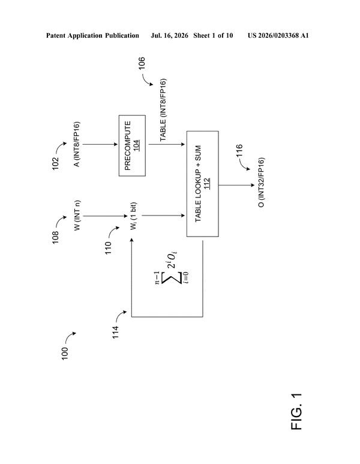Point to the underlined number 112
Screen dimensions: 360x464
pyautogui.click(x=207, y=184)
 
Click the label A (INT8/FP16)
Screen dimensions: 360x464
pyautogui.click(x=77, y=144)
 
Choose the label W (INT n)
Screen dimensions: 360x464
pyautogui.click(x=77, y=215)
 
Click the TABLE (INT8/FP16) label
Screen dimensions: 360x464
pyautogui.click(x=163, y=110)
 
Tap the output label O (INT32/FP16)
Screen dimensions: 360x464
pyautogui.click(x=262, y=182)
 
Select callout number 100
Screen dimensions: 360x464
pyautogui.click(x=64, y=354)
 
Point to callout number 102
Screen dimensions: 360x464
pyautogui.click(x=56, y=164)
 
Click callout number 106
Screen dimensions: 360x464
pyautogui.click(x=142, y=63)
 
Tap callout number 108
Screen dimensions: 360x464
pyautogui.click(x=56, y=237)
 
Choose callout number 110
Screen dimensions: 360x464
pyautogui.click(x=108, y=248)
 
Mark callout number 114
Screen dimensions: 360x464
pyautogui.click(x=116, y=332)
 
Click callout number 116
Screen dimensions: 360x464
pyautogui.click(x=239, y=150)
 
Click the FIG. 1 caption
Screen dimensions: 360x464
pyautogui.click(x=296, y=412)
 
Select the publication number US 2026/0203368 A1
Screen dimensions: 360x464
pyautogui.click(x=278, y=35)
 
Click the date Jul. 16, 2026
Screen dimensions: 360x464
pyautogui.click(x=169, y=35)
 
